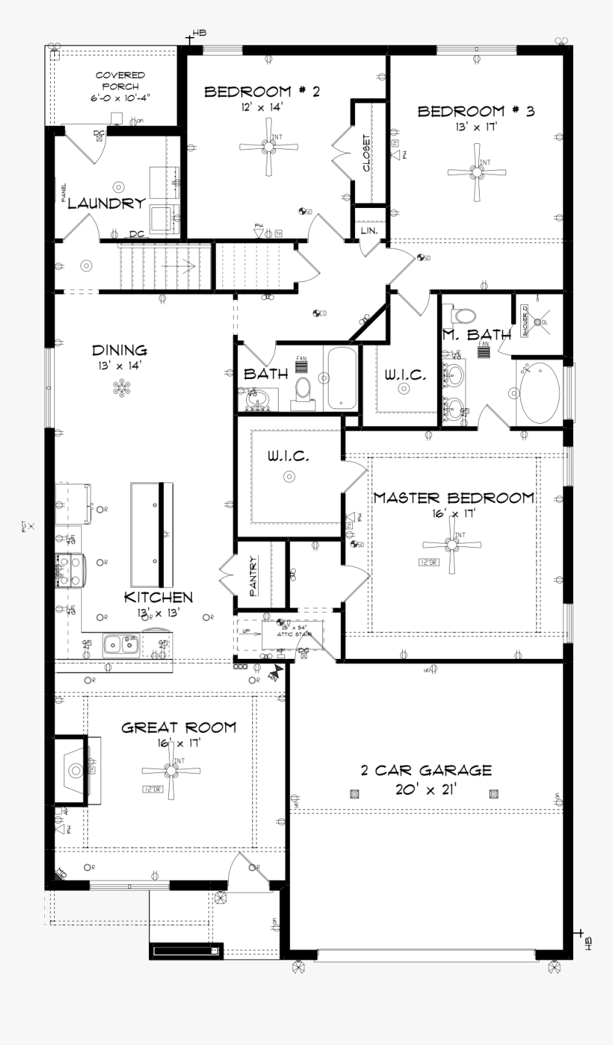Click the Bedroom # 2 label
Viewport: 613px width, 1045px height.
262,91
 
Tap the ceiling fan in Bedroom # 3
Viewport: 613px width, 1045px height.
476,172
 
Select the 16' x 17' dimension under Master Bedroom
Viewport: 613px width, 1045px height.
453,512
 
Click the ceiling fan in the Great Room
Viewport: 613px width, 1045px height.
170,770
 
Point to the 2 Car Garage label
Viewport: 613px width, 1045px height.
426,770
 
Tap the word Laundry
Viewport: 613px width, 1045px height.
106,204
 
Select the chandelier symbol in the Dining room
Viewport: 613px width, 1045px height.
123,388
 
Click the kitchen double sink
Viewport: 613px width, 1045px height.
120,644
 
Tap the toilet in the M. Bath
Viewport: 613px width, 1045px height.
464,315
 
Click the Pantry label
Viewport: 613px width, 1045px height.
253,576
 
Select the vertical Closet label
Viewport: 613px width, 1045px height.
366,152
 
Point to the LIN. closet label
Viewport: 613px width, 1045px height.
369,231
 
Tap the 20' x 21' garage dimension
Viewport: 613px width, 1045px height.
426,789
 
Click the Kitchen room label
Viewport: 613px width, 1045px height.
158,597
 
